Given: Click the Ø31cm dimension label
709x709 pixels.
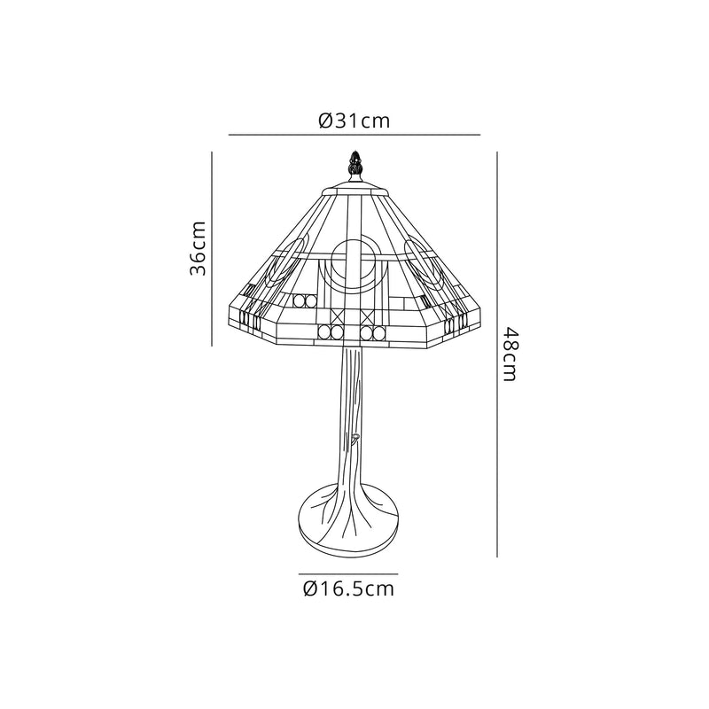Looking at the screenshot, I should pyautogui.click(x=354, y=121).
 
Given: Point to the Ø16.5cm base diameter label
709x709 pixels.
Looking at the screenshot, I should pyautogui.click(x=347, y=588).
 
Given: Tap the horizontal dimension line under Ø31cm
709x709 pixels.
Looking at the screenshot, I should pyautogui.click(x=354, y=135).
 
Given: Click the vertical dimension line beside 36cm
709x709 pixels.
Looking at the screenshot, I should pyautogui.click(x=213, y=248).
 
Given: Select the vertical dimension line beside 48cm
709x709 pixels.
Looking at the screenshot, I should pyautogui.click(x=497, y=353).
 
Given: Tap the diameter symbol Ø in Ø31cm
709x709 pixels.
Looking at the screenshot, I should pyautogui.click(x=324, y=121).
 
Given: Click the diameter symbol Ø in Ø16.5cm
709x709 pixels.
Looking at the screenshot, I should pyautogui.click(x=309, y=588).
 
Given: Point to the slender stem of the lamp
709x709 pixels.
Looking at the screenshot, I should pyautogui.click(x=354, y=408).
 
